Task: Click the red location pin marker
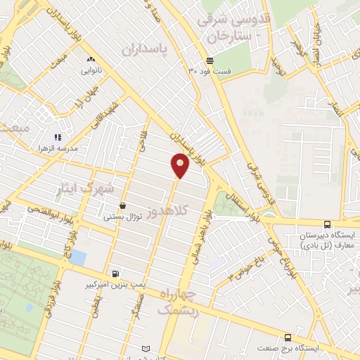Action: [180, 165]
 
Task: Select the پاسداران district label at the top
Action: [148, 49]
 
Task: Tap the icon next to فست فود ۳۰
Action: [210, 60]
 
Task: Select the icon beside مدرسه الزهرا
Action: [58, 138]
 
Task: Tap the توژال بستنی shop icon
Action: [123, 205]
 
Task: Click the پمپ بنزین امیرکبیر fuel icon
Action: [114, 274]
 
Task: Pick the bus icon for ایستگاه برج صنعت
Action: [287, 338]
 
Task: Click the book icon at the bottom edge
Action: [146, 349]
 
